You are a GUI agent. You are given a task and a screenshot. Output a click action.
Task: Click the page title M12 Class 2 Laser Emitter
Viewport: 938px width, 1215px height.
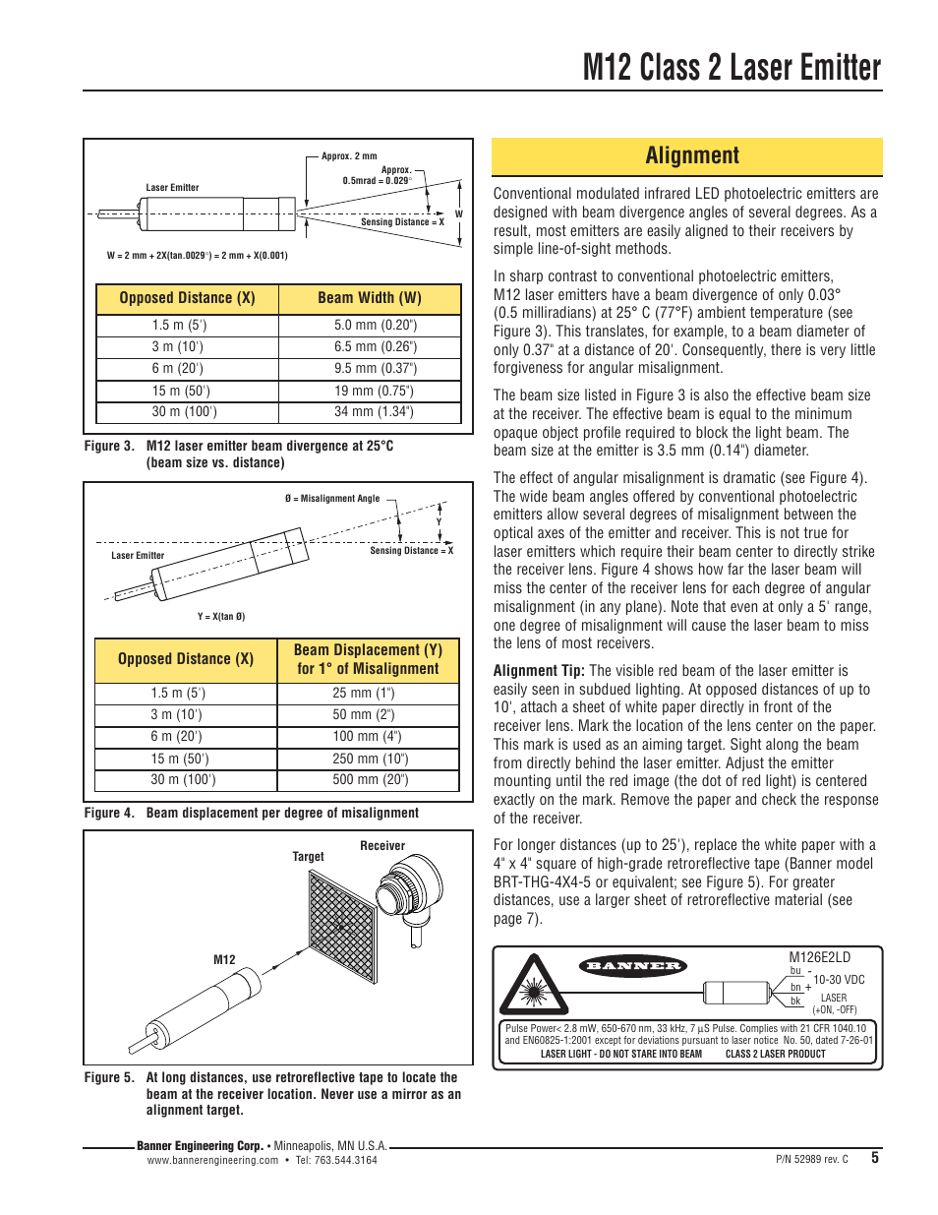tap(732, 68)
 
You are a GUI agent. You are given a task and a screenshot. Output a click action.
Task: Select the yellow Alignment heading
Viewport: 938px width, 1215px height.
tap(692, 155)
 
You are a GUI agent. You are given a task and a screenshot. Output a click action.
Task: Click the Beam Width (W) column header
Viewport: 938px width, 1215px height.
tap(369, 298)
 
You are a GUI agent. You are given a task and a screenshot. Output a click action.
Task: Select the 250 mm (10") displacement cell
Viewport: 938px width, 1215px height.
tap(370, 759)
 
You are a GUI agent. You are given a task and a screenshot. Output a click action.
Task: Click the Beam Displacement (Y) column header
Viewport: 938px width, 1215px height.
tap(368, 659)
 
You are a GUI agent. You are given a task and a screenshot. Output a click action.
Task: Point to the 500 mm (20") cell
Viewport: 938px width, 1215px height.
tap(370, 779)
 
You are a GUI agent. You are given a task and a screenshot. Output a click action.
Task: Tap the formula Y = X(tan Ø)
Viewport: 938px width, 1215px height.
tap(221, 617)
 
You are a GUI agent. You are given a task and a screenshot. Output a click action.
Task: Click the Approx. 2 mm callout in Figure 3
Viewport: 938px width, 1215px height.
tap(349, 155)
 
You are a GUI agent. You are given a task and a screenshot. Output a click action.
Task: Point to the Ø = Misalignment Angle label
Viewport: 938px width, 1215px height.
tap(331, 499)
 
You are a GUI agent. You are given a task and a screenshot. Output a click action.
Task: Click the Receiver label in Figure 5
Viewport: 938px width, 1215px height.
tap(382, 846)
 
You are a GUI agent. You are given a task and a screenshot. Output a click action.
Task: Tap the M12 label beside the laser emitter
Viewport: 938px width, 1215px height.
tap(224, 960)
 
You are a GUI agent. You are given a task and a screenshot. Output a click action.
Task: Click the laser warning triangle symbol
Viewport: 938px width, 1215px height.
tap(534, 988)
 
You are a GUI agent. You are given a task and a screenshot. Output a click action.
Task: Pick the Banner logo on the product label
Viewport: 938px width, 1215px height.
tap(633, 966)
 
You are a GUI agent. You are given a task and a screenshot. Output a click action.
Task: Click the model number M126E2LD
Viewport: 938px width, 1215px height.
tap(819, 957)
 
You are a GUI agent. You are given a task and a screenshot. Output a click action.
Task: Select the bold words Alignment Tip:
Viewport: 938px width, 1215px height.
tap(538, 671)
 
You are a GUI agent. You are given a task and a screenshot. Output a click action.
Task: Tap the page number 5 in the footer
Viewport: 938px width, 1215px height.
tap(875, 1158)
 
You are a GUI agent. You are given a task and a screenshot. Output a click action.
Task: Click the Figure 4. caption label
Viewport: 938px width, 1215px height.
tap(109, 813)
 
